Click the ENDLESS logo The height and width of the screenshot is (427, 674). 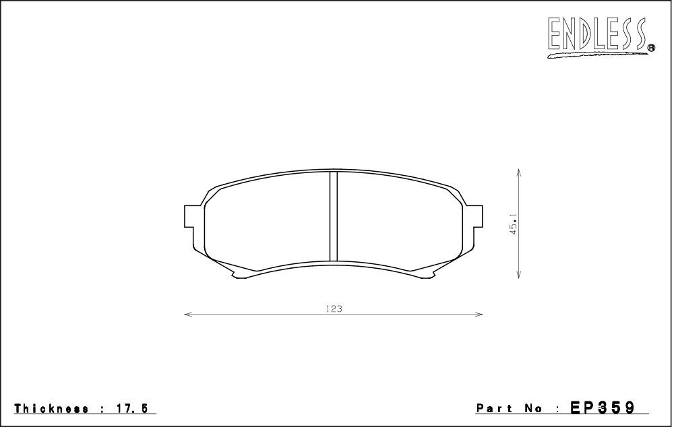pyautogui.click(x=598, y=36)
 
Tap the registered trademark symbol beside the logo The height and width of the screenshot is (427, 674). pyautogui.click(x=651, y=48)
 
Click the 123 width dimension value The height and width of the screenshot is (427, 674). pyautogui.click(x=334, y=308)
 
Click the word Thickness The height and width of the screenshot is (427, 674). pyautogui.click(x=52, y=408)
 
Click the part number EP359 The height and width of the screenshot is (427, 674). pyautogui.click(x=602, y=407)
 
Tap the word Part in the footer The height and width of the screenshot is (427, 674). pyautogui.click(x=494, y=408)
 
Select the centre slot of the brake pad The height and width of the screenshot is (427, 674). pyautogui.click(x=334, y=216)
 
